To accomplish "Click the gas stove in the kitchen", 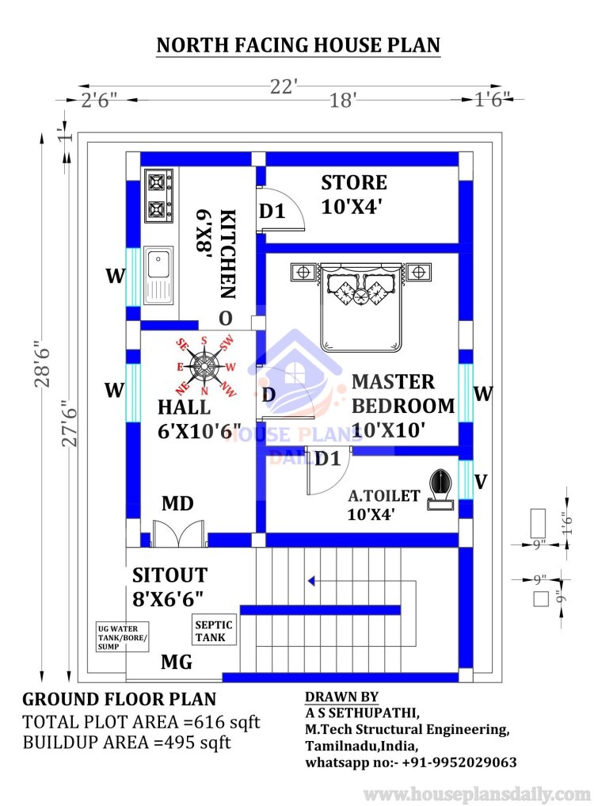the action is [x=158, y=196].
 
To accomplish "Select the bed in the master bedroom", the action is [x=360, y=307].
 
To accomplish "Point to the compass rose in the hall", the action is [x=205, y=366].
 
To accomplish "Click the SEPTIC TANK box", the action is [x=214, y=630].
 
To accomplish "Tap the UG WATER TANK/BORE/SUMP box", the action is [x=122, y=637].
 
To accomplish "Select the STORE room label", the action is [x=354, y=182].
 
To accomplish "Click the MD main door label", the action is [x=177, y=503].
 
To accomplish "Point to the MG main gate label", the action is [x=177, y=662].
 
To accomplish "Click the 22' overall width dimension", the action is [x=284, y=86].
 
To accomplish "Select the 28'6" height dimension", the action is [x=43, y=363].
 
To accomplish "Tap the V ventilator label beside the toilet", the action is [x=481, y=482].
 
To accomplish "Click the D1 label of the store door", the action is [x=272, y=211].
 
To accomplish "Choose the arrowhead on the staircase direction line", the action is [x=311, y=581].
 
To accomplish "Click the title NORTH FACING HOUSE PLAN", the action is [x=298, y=44].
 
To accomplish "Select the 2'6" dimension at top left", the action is [x=99, y=100].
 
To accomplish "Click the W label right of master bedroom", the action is [x=483, y=394].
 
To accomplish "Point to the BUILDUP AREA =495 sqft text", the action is [x=127, y=743].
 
